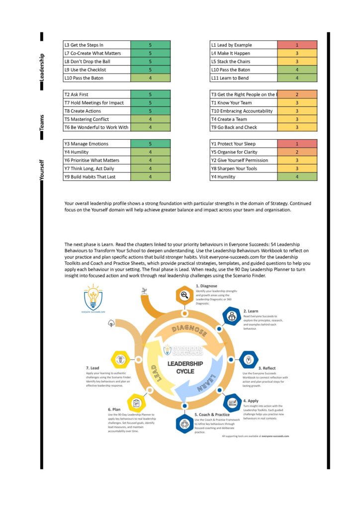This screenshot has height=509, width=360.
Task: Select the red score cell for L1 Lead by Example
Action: pyautogui.click(x=297, y=45)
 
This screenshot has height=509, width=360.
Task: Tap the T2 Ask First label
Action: pyautogui.click(x=77, y=94)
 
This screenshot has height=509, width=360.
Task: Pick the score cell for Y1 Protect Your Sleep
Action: pyautogui.click(x=297, y=144)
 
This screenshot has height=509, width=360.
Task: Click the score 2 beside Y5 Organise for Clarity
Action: pyautogui.click(x=297, y=152)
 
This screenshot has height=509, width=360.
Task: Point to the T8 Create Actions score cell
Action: pyautogui.click(x=150, y=111)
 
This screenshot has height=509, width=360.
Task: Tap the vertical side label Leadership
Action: pyautogui.click(x=42, y=67)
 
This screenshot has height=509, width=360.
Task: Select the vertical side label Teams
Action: pyautogui.click(x=42, y=121)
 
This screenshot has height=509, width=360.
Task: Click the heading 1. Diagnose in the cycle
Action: pyautogui.click(x=206, y=286)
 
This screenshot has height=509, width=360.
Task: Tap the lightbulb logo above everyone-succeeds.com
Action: pyautogui.click(x=94, y=296)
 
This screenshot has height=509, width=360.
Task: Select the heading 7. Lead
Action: pyautogui.click(x=92, y=368)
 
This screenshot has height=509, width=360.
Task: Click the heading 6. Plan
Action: pyautogui.click(x=114, y=410)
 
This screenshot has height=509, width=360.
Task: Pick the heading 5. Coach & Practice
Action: pyautogui.click(x=212, y=415)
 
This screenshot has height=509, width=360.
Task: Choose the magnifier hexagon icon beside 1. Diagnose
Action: pyautogui.click(x=184, y=296)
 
